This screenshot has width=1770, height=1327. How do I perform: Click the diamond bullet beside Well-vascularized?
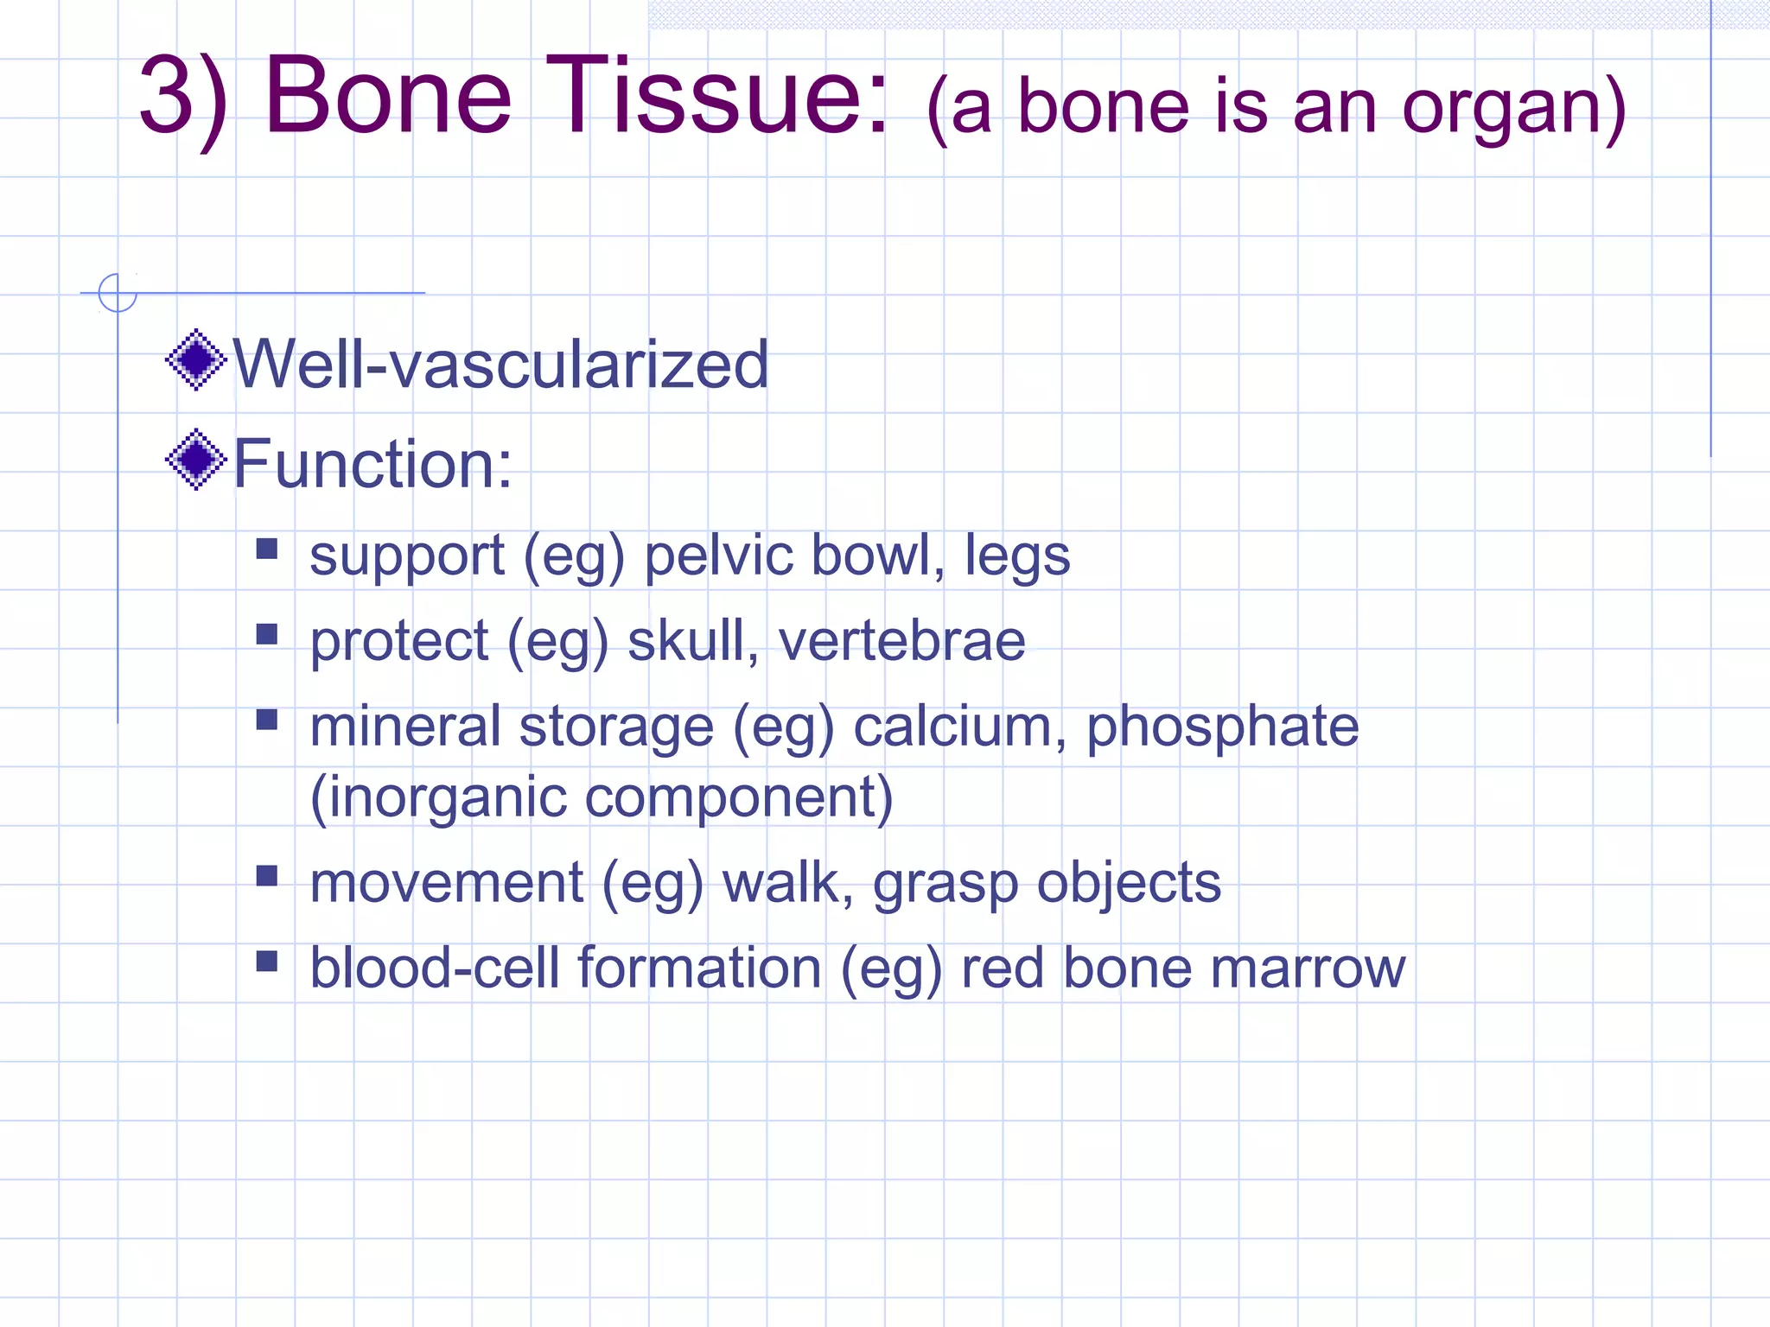[196, 359]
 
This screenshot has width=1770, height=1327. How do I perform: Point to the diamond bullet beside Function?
[196, 459]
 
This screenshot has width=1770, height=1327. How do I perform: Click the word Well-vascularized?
[500, 364]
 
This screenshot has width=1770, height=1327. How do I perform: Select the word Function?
[363, 464]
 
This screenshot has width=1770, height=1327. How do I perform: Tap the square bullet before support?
[267, 549]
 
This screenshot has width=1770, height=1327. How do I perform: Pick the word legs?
[1017, 557]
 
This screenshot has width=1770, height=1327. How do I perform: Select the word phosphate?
[1222, 727]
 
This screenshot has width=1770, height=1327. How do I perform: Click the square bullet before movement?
[267, 876]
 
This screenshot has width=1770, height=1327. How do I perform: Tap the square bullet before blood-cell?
[267, 961]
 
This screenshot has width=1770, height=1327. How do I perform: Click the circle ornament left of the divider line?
[118, 293]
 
